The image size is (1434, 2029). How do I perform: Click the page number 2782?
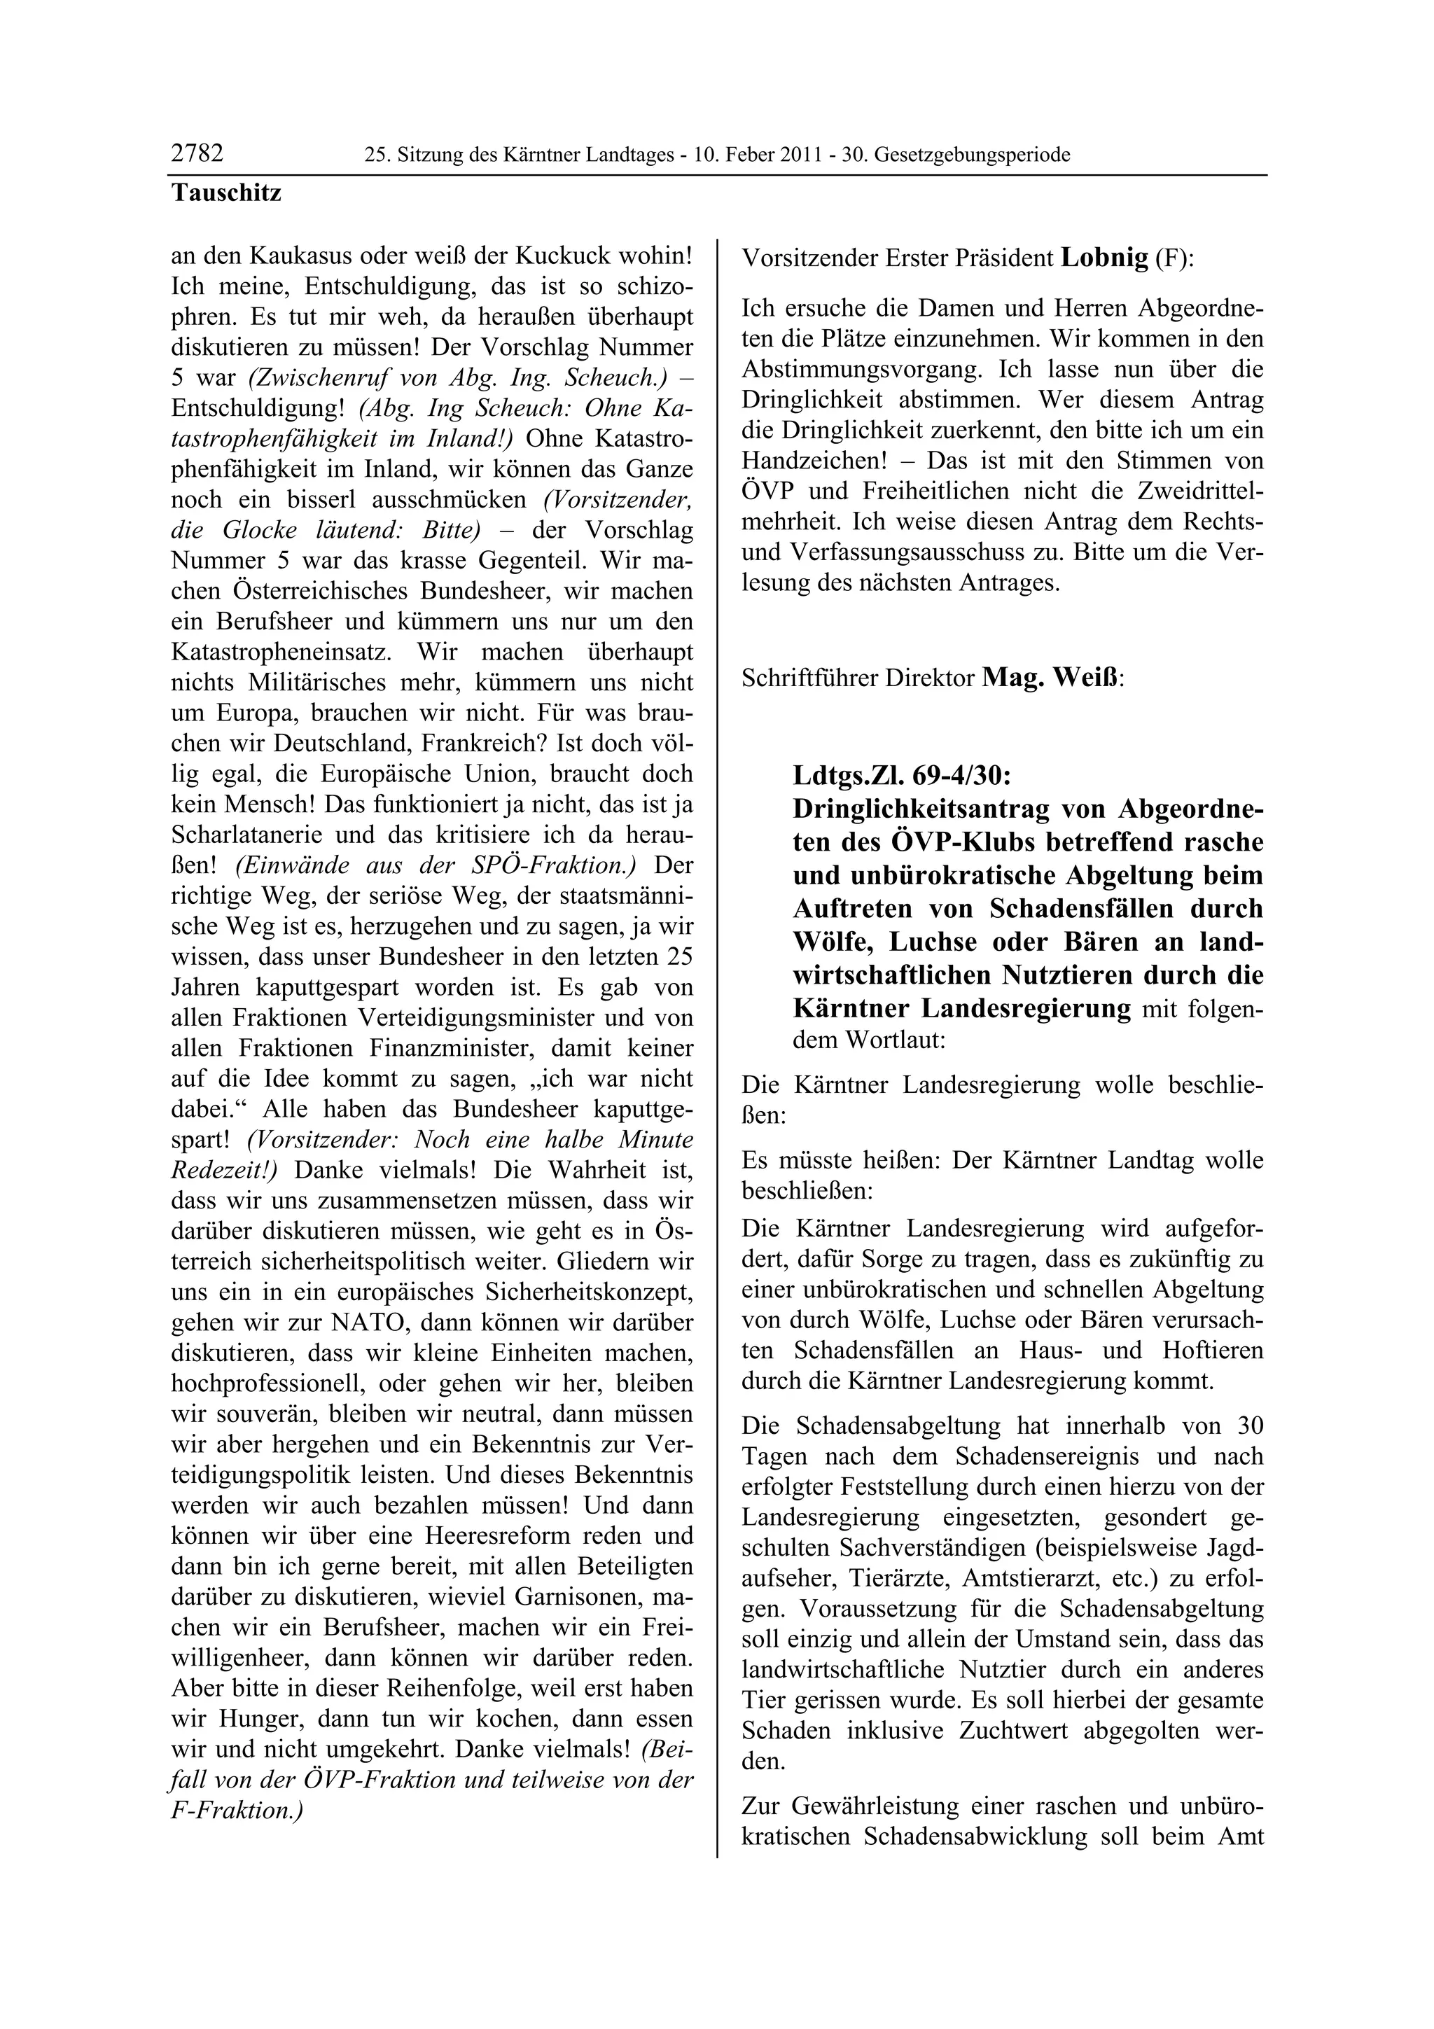point(197,154)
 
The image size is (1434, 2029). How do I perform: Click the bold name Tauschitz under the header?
point(226,193)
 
